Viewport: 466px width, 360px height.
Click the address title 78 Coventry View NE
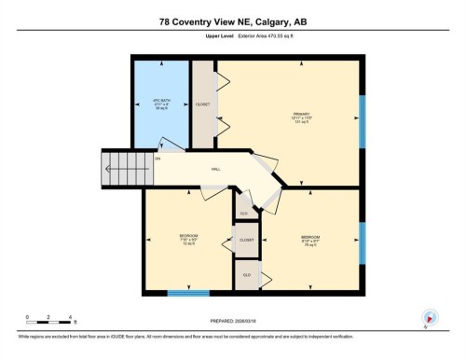(232, 21)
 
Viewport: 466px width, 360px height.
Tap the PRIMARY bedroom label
(300, 118)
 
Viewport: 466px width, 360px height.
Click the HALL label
(215, 169)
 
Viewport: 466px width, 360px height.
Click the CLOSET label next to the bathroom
(203, 104)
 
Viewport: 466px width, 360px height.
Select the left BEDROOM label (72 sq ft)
(188, 238)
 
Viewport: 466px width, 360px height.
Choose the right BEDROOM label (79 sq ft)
(311, 240)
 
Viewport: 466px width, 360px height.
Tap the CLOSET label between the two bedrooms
(246, 240)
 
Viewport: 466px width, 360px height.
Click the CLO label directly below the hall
(243, 214)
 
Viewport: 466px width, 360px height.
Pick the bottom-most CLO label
(246, 275)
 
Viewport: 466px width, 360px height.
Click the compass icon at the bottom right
(430, 316)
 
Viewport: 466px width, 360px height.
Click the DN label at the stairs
(158, 159)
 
